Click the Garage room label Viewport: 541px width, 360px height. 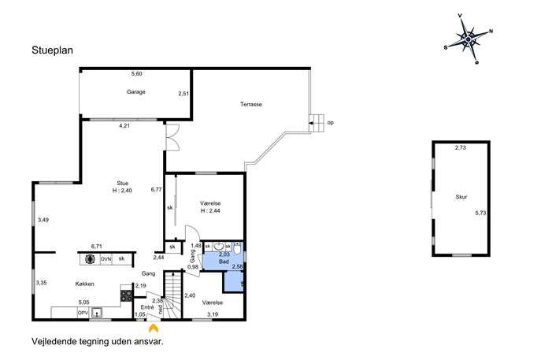point(136,92)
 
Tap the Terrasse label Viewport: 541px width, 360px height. point(251,104)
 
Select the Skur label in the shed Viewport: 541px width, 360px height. point(461,197)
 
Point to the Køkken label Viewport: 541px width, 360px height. point(84,284)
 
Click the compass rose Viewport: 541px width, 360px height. point(469,39)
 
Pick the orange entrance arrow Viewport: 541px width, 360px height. point(154,328)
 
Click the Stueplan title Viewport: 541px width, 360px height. point(53,50)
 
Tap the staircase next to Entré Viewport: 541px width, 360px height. point(172,295)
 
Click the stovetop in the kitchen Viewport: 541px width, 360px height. point(126,296)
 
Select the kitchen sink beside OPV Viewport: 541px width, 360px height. point(97,313)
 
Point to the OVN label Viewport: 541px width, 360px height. point(106,259)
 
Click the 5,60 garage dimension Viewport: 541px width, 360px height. point(137,73)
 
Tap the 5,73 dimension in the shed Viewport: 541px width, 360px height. point(480,213)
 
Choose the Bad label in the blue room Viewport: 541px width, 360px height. point(224,262)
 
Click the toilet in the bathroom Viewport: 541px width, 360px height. point(237,248)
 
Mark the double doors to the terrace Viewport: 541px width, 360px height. point(172,137)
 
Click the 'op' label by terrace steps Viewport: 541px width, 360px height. point(330,123)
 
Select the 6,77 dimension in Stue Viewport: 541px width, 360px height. point(156,190)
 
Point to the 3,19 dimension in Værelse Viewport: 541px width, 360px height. point(213,314)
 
